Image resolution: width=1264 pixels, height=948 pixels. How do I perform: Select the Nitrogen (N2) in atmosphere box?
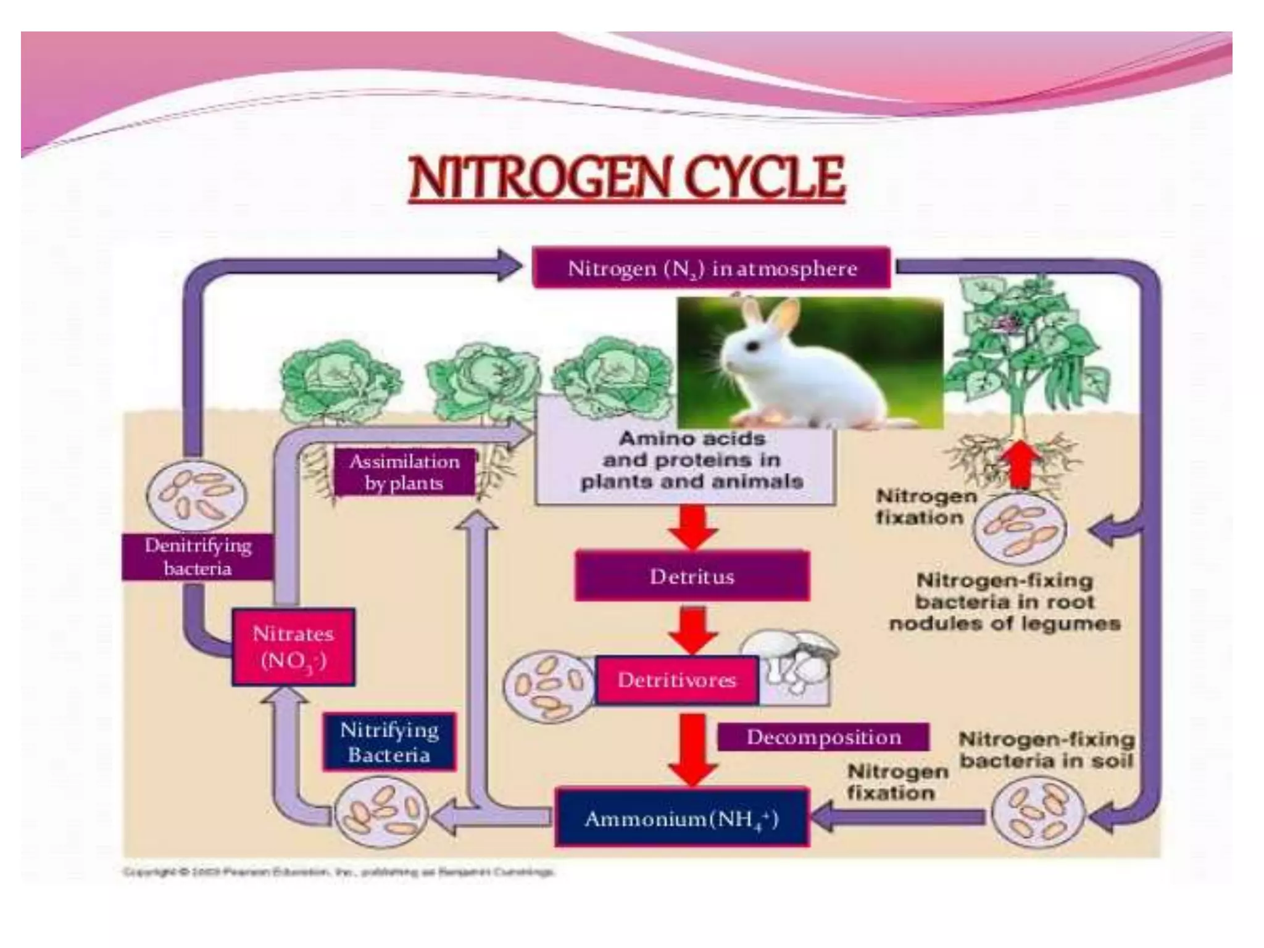(x=712, y=268)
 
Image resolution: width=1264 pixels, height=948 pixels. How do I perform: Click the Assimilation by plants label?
(x=404, y=472)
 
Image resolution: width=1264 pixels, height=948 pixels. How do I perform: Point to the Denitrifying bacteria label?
(x=197, y=557)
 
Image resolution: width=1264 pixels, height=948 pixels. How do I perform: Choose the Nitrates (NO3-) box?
(x=293, y=647)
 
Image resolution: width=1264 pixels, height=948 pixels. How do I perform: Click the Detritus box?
(x=691, y=576)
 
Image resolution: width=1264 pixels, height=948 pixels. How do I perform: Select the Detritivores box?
(x=676, y=680)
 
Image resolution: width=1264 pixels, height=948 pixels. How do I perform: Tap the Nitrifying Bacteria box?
(x=389, y=742)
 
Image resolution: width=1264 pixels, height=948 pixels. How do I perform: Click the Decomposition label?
(x=823, y=737)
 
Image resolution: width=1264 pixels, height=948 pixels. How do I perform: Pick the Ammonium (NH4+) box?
(x=681, y=818)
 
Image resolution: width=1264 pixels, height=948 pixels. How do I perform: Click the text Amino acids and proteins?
(x=691, y=460)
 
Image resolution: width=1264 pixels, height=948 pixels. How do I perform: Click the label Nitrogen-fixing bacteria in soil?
(x=1046, y=749)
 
